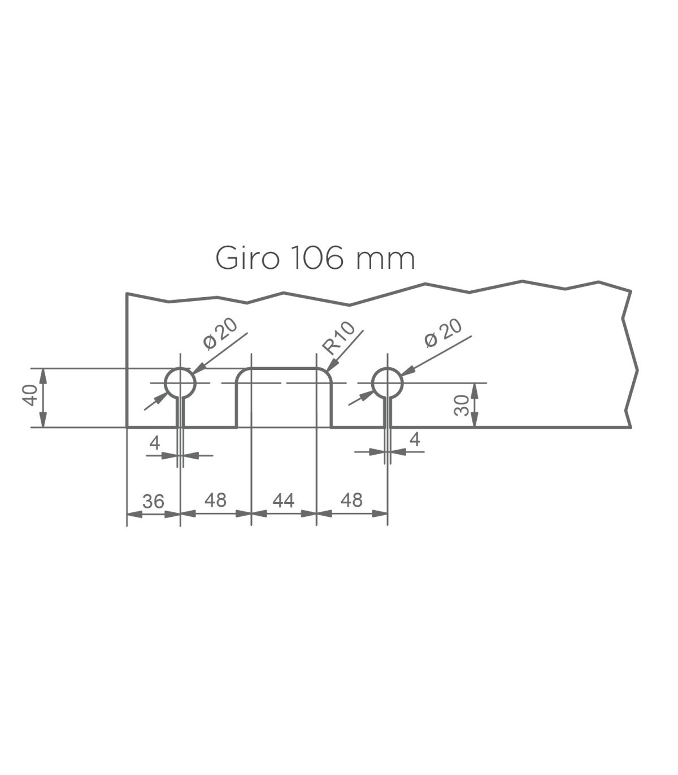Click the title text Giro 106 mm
click(315, 258)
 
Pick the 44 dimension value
click(283, 500)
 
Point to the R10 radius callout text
click(338, 338)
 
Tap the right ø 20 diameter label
click(443, 333)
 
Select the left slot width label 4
click(155, 443)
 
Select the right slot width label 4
click(415, 440)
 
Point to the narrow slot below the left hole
click(180, 413)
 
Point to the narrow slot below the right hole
click(388, 413)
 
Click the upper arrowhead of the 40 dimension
click(44, 375)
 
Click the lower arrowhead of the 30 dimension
click(475, 420)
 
